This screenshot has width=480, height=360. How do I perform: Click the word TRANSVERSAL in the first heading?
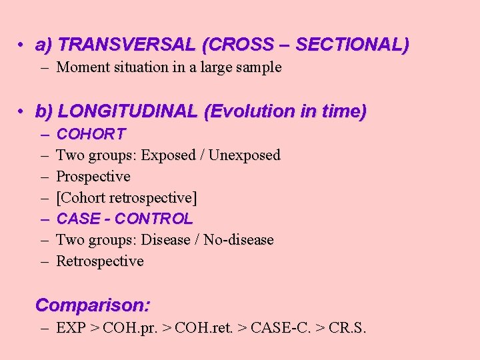tap(127, 45)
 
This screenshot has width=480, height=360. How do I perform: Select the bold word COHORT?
tap(91, 135)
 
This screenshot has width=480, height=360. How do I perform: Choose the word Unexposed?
tap(245, 155)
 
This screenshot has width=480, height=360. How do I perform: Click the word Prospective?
tap(93, 177)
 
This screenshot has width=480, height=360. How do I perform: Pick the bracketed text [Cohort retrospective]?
tap(127, 198)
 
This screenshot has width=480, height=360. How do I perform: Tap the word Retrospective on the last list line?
tap(100, 261)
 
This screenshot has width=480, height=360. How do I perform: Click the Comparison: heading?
tap(93, 306)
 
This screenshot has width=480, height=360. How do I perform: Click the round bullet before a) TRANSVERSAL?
tap(22, 45)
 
